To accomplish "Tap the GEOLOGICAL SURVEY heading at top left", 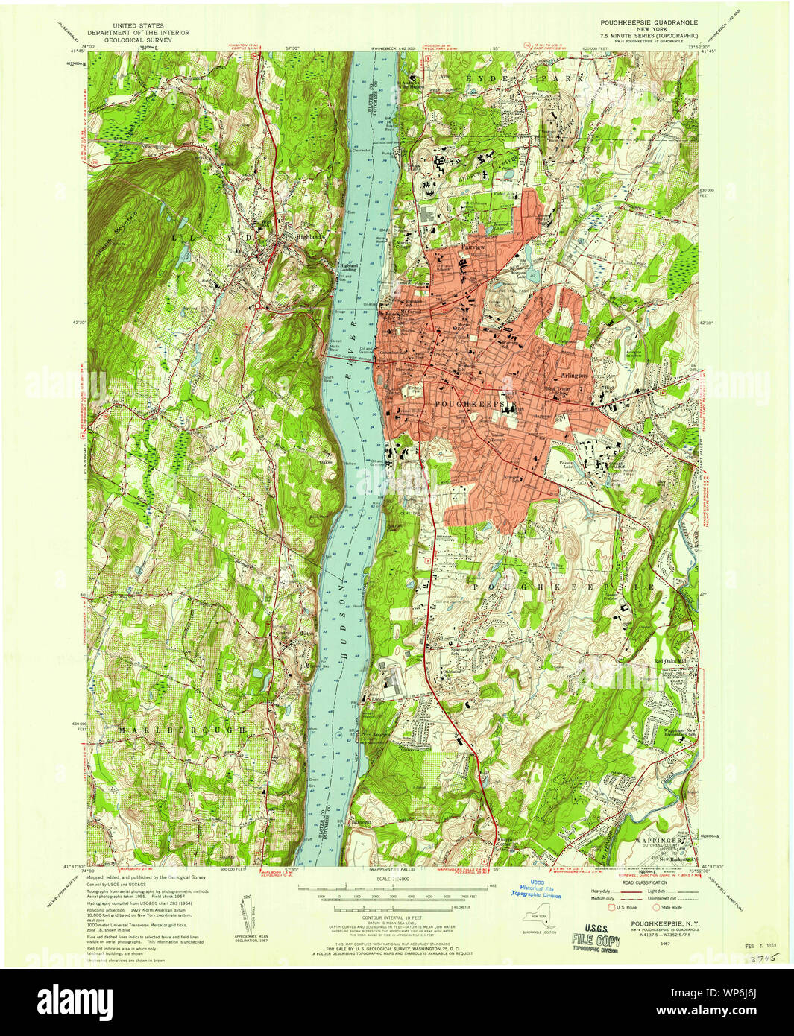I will click(x=138, y=40).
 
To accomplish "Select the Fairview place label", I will click(x=473, y=247).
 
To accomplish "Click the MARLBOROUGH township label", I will click(x=181, y=730).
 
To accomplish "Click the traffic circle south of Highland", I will click(x=258, y=306).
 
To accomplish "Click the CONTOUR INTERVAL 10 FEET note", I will click(x=397, y=917).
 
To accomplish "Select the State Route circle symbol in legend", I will click(x=646, y=907).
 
